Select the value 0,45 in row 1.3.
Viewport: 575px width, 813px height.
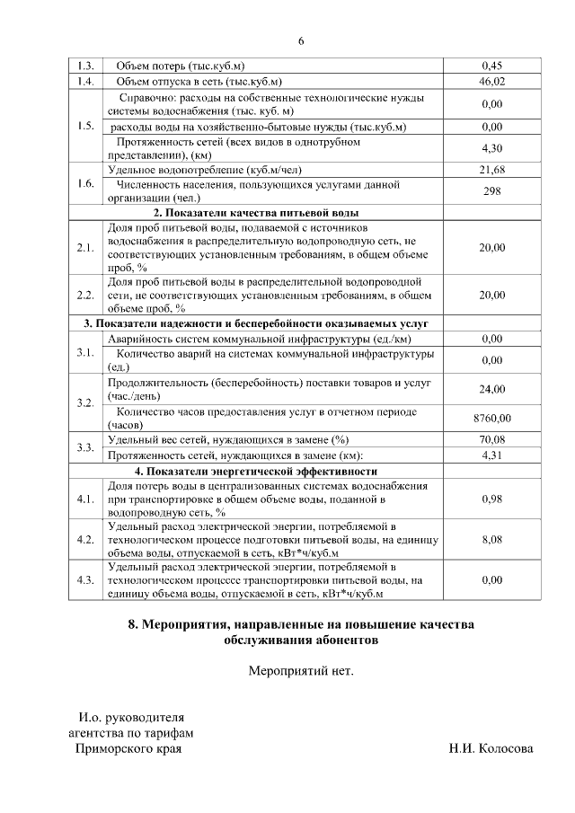pos(491,66)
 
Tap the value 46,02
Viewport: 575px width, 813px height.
pos(491,81)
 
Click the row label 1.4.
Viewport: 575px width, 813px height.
pos(86,81)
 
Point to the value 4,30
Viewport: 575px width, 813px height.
pos(491,148)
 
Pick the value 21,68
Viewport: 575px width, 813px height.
pos(491,169)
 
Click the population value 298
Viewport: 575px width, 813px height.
pos(491,190)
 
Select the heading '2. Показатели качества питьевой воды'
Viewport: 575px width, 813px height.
pos(256,213)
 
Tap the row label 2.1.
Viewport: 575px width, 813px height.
pos(86,247)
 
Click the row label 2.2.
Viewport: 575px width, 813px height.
pos(86,294)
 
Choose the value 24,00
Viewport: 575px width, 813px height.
pos(491,388)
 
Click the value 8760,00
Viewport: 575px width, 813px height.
pos(491,418)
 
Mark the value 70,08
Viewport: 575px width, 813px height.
pos(491,439)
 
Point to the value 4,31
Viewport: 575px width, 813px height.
pos(491,455)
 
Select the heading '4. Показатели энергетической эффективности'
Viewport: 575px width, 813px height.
pos(256,471)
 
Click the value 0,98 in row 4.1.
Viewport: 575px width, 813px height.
pos(491,498)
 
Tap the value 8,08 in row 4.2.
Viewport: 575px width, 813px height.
pos(491,539)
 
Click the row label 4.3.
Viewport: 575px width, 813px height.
pos(86,580)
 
